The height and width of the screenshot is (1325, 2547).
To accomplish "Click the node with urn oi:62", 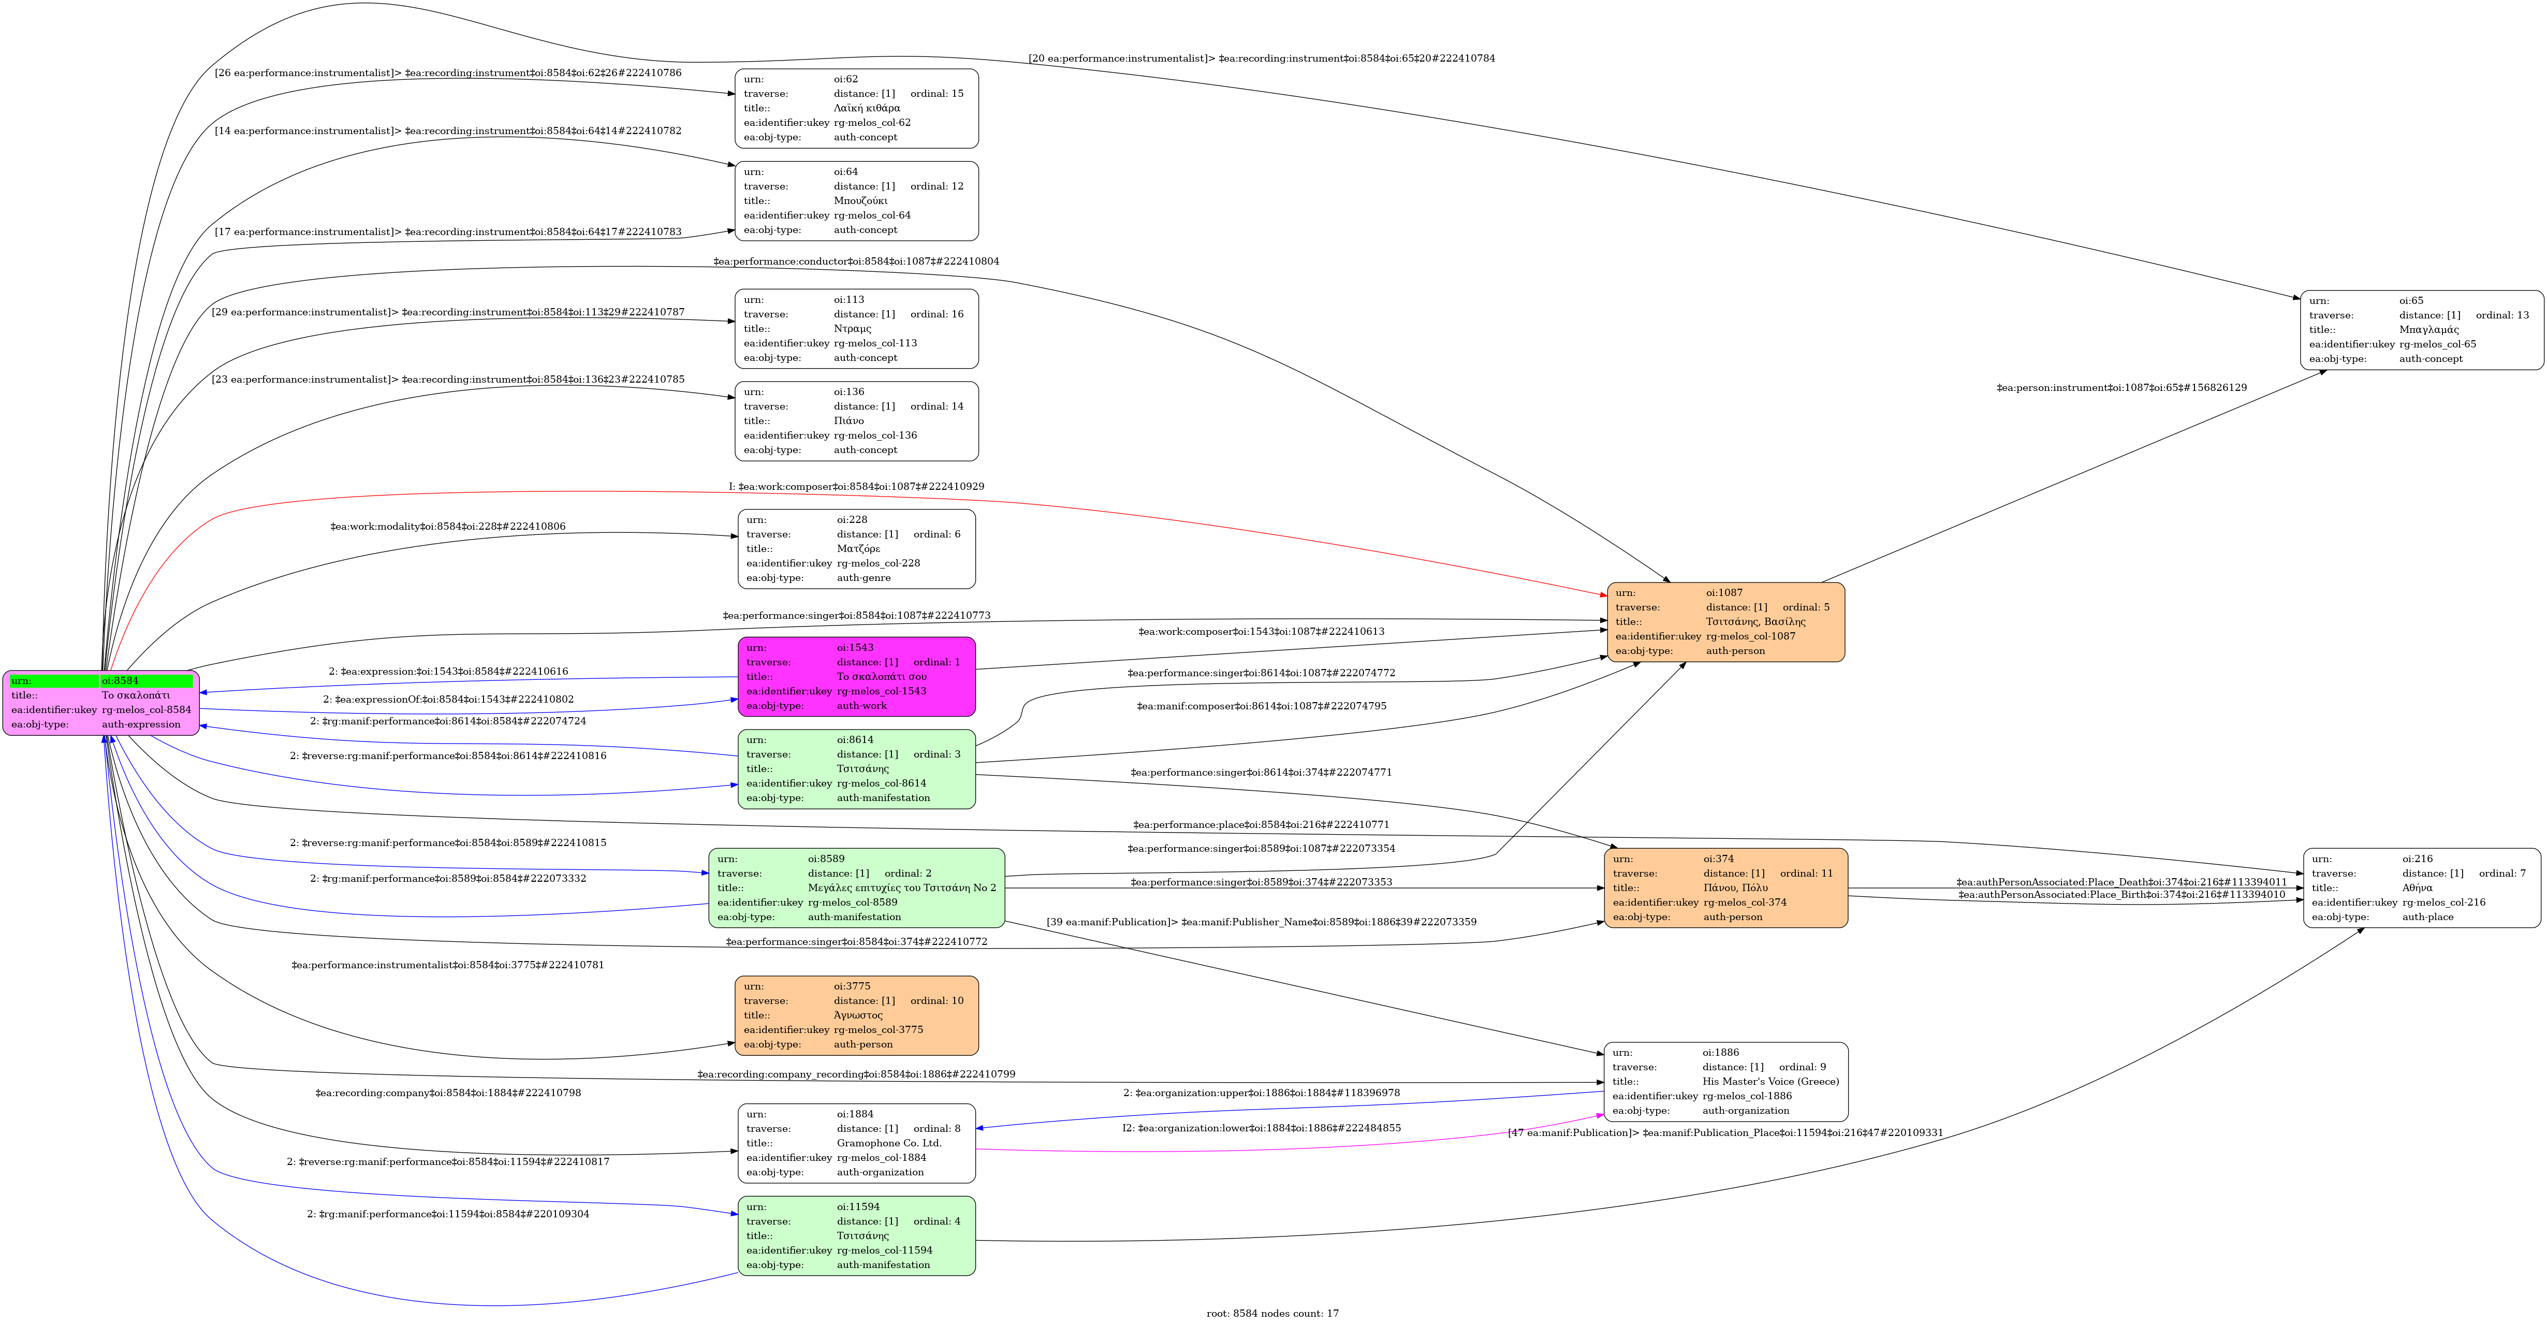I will (856, 109).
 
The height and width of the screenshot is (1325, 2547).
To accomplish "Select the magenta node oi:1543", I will (856, 676).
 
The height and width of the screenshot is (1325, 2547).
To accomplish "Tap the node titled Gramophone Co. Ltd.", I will (856, 1143).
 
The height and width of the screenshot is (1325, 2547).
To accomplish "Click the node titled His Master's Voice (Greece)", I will (1725, 1082).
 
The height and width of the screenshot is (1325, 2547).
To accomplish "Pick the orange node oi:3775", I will (856, 1015).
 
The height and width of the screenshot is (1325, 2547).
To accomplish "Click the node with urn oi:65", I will (2421, 330).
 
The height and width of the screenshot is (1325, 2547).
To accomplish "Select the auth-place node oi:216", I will (2421, 888).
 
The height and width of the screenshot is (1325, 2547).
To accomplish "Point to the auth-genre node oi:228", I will (856, 549).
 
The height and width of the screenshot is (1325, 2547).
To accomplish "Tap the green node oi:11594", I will (856, 1236).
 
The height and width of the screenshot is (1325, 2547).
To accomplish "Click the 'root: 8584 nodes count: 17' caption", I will (1272, 1313).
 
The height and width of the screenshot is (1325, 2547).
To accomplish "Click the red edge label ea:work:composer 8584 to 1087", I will (856, 487).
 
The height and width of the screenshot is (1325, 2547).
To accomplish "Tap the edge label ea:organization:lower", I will (1261, 1128).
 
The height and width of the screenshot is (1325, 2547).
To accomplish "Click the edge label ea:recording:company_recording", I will (856, 1074).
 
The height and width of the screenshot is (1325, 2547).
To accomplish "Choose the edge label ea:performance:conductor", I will (856, 261).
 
